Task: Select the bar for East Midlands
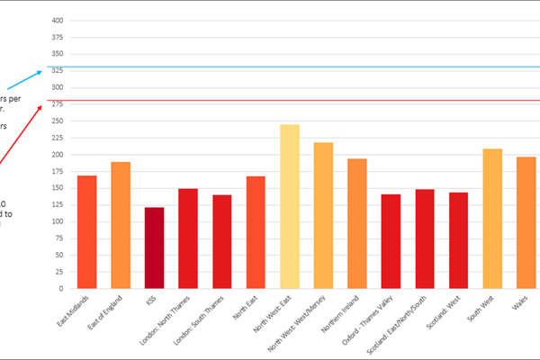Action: [x=86, y=232]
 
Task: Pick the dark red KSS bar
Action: [x=155, y=248]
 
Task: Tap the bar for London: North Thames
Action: [x=188, y=238]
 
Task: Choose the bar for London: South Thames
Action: [x=222, y=242]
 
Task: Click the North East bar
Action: [x=256, y=232]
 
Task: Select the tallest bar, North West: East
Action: [x=290, y=207]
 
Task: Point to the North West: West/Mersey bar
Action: [x=323, y=216]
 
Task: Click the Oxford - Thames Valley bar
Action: [x=391, y=242]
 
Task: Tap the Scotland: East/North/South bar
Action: [x=425, y=239]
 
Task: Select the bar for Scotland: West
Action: [x=458, y=241]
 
